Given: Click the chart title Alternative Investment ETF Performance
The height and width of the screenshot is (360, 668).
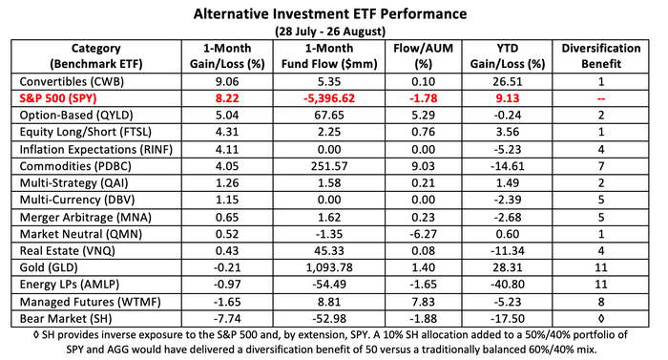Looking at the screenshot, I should click(x=334, y=13).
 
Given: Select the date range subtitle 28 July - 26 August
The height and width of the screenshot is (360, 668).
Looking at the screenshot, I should click(x=334, y=31).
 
